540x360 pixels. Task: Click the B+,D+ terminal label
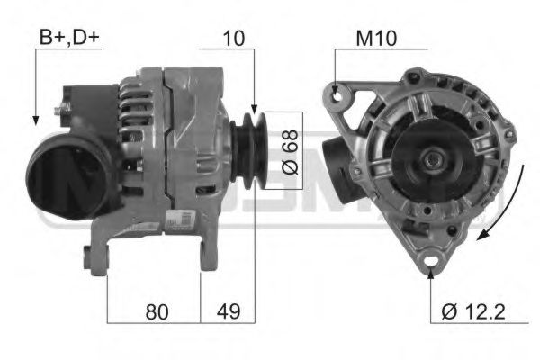(70, 37)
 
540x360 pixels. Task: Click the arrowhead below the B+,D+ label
(34, 119)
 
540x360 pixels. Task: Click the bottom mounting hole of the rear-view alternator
(430, 262)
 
